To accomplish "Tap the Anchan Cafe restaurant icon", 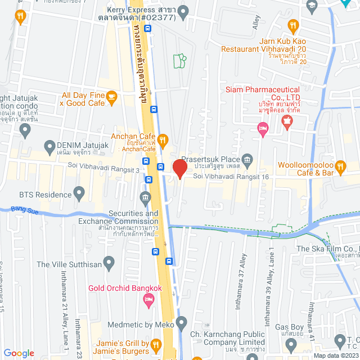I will pos(163,139).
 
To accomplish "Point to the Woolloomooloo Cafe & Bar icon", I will pos(340,166).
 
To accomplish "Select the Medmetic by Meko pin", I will pos(181,323).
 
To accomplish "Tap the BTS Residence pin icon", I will pos(79,195).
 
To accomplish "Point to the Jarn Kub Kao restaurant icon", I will pos(292,25).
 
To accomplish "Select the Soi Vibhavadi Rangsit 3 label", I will pos(103,164).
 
